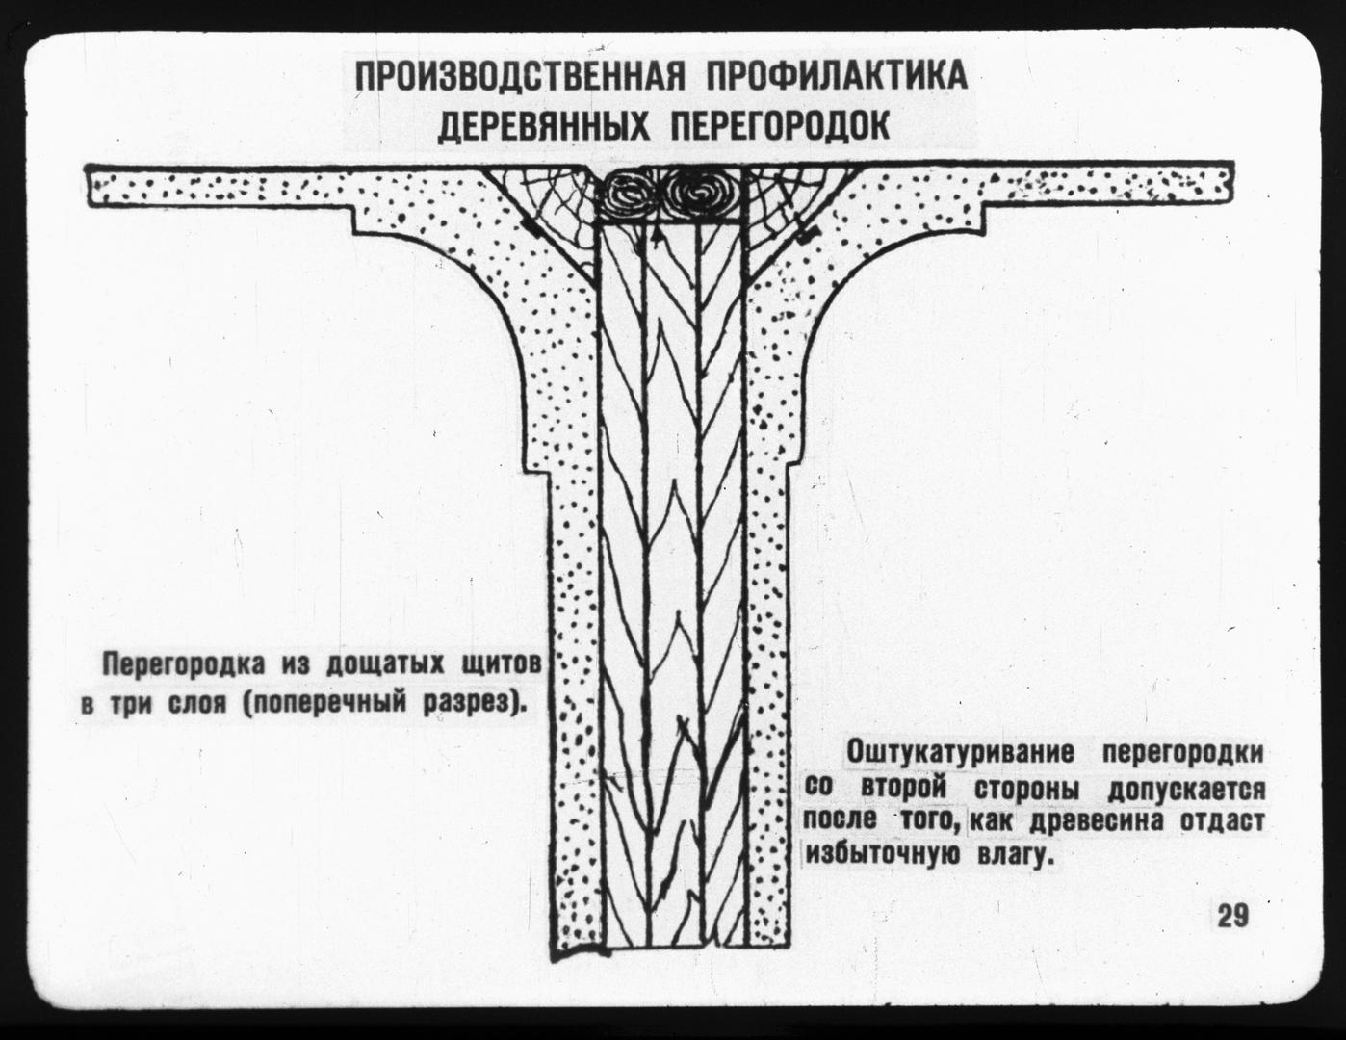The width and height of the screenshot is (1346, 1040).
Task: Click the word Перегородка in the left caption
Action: point(184,665)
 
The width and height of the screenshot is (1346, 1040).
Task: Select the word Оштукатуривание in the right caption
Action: point(960,754)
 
